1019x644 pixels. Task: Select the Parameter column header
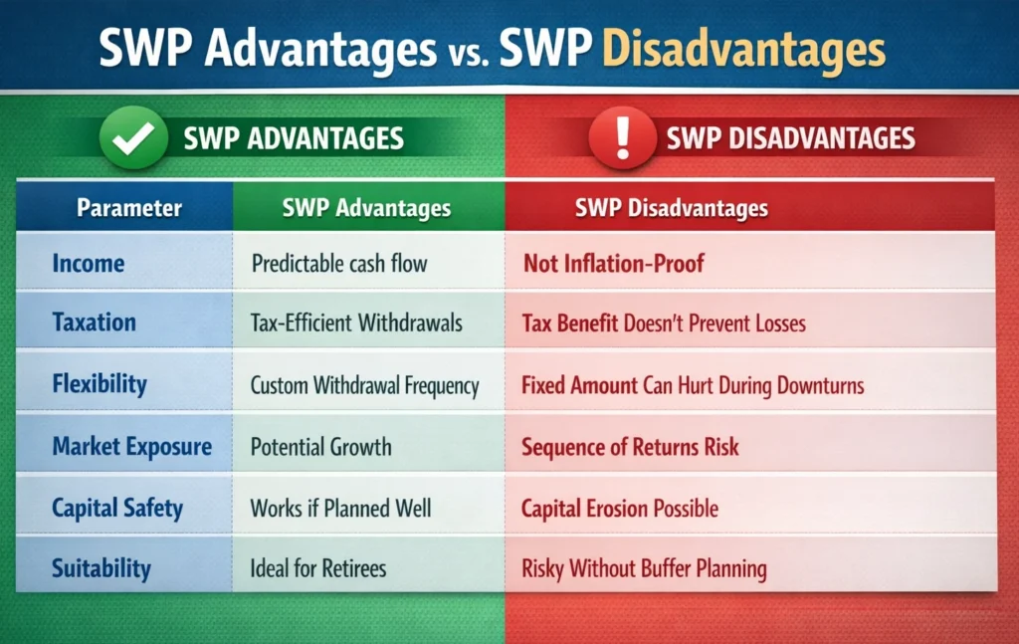129,208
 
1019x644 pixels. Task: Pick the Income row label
89,264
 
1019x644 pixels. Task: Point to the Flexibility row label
100,385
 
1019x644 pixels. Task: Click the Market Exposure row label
131,447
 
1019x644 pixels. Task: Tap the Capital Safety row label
117,509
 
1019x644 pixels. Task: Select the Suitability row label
102,569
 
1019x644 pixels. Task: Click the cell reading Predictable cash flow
339,264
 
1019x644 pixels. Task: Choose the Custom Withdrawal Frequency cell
364,385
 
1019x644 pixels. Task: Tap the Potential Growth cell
320,447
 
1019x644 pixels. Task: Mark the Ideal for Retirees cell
318,569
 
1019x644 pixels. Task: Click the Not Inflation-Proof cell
614,264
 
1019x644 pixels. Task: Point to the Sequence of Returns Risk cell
630,447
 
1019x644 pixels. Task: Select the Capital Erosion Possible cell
620,509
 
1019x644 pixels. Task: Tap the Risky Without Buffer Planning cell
644,569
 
